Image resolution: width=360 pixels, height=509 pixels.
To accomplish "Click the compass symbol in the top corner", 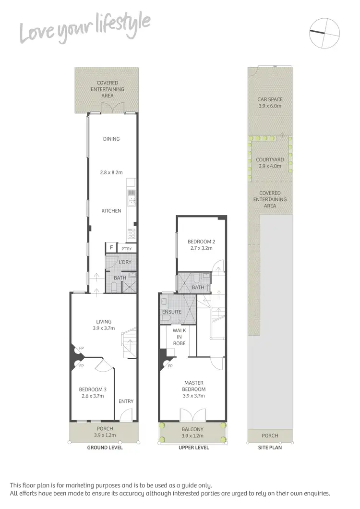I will click(x=324, y=33).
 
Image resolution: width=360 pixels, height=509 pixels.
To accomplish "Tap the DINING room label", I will click(x=111, y=139).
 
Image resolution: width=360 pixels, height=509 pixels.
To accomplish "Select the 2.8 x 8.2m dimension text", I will click(x=111, y=171).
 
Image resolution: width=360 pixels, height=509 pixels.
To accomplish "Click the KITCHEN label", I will click(x=111, y=211).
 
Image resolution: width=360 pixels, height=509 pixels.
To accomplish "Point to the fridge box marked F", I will click(x=111, y=248).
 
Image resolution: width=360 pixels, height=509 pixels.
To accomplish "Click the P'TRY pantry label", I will click(x=127, y=249).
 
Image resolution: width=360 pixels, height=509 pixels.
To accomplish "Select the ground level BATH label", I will click(x=120, y=278).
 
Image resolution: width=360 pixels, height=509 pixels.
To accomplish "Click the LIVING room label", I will click(x=104, y=322).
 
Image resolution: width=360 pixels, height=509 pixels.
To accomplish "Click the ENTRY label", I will click(x=126, y=401).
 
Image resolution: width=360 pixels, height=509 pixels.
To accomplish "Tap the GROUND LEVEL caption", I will click(x=105, y=448).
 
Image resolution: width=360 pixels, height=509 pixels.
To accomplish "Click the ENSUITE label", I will click(x=172, y=312).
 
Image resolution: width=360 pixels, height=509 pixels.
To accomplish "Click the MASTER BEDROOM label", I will click(x=194, y=386).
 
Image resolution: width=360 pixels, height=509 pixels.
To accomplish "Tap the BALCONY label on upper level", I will click(x=192, y=429).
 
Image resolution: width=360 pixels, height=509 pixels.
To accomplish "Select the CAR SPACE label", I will click(x=269, y=99).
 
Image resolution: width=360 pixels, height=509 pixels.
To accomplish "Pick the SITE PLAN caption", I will click(x=270, y=448).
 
